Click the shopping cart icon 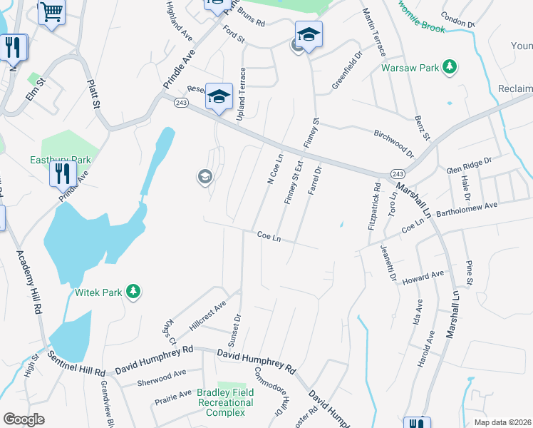click(51, 12)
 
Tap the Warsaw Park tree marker click(450, 68)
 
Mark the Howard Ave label click(424, 277)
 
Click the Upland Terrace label click(242, 93)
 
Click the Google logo click(24, 419)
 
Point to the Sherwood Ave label click(161, 372)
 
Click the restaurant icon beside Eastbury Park click(63, 172)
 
